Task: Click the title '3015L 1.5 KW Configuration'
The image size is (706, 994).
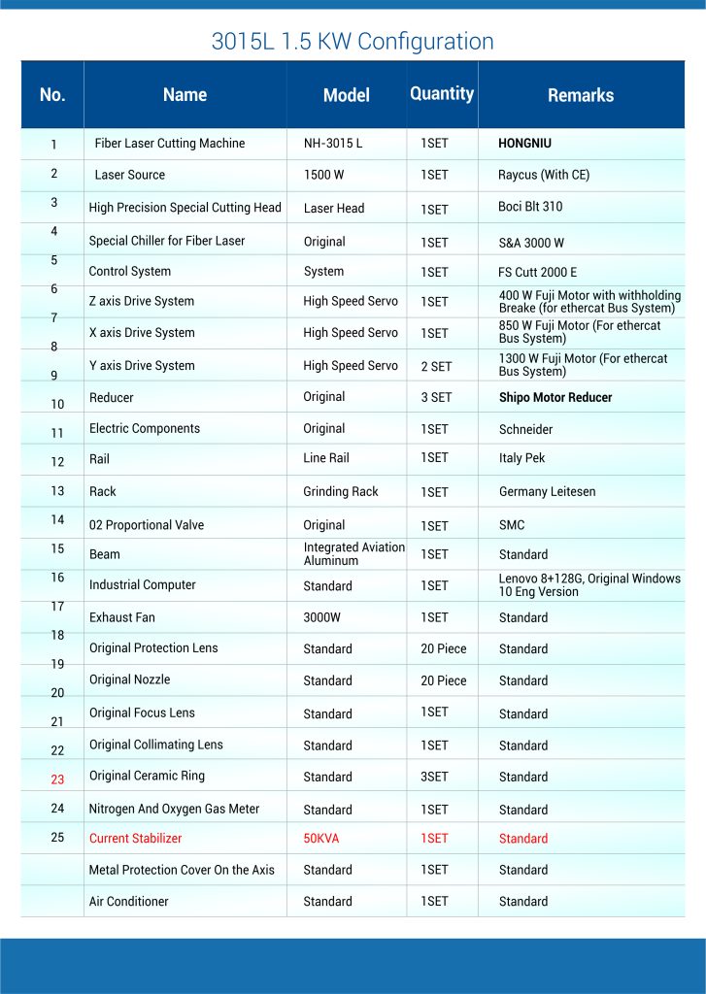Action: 353,42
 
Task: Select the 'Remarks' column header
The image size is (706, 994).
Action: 581,95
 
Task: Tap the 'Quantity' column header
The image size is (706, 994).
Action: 442,93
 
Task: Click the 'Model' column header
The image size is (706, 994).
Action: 347,95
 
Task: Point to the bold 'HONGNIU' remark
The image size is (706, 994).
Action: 524,144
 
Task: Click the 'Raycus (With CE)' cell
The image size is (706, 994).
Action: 544,175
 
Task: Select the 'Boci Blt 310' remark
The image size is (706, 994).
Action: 530,207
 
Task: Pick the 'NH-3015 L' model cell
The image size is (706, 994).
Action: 333,144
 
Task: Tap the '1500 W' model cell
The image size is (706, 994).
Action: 324,175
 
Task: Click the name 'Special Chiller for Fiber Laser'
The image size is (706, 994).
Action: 167,241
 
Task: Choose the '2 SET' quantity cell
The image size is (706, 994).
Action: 436,366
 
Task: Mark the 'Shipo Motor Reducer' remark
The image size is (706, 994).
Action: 555,397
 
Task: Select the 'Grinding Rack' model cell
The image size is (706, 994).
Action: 341,491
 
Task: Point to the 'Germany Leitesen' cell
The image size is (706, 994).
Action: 548,492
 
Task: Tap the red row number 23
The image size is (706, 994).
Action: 57,779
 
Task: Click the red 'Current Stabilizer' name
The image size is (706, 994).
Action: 135,839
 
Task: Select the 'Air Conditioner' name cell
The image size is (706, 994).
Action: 129,902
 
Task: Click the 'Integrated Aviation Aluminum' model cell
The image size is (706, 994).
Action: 353,554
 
